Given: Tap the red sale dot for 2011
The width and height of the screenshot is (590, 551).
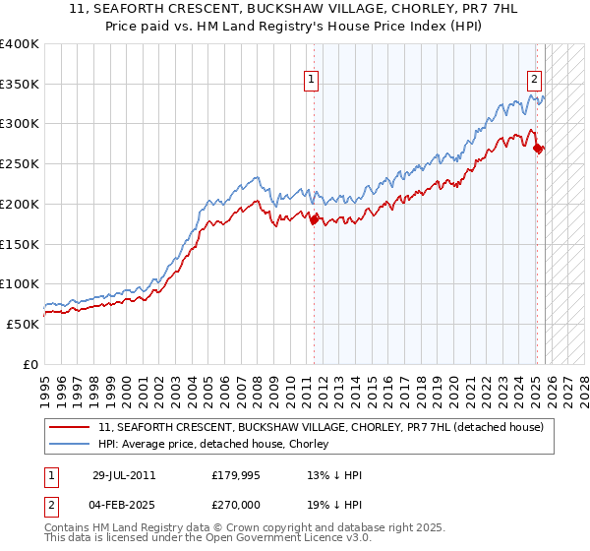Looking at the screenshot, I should [x=315, y=220].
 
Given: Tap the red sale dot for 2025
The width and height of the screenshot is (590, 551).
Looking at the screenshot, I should [x=538, y=149].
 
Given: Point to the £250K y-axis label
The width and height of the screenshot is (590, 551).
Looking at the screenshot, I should [x=20, y=164].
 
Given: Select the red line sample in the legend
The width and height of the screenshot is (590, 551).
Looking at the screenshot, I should [x=70, y=427].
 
